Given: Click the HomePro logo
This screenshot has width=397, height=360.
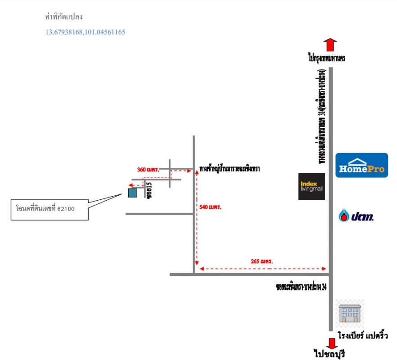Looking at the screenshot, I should (x=361, y=165).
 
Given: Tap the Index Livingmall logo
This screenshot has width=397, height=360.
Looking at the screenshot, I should (x=312, y=186).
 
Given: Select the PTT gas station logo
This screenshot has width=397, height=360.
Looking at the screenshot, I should (x=356, y=216).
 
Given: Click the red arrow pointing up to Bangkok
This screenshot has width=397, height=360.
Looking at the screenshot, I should (x=330, y=45).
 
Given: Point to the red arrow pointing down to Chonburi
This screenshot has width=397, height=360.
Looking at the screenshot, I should (x=332, y=343).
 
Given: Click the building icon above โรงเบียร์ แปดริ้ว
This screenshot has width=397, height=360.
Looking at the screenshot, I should (x=350, y=313).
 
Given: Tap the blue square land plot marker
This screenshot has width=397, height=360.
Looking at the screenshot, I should (x=133, y=193).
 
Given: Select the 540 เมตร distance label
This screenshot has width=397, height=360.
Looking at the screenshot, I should (x=211, y=207).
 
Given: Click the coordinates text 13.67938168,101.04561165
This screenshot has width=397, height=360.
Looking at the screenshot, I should (x=85, y=32).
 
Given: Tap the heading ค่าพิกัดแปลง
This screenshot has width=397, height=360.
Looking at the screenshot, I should (x=64, y=17).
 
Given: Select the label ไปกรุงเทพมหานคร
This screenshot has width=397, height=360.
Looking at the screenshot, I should (x=327, y=58).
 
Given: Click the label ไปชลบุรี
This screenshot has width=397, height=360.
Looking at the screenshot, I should (x=332, y=354).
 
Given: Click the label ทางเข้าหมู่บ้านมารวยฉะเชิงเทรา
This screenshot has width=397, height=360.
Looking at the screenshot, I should (x=230, y=169).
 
